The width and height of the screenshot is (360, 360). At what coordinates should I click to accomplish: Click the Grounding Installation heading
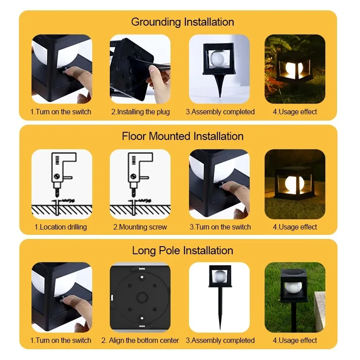click(x=182, y=22)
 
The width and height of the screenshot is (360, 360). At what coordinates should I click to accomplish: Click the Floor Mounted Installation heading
click(x=182, y=136)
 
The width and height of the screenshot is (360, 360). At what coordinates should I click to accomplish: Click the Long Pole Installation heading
click(x=182, y=251)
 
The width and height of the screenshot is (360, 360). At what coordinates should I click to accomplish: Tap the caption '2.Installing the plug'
click(x=140, y=112)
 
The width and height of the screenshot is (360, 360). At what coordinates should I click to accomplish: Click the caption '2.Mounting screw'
click(x=140, y=227)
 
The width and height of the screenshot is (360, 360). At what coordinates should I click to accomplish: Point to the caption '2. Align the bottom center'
click(x=140, y=341)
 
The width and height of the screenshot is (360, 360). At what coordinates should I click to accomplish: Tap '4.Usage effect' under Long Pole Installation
click(x=295, y=341)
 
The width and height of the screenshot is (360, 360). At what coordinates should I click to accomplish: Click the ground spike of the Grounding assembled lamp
click(x=220, y=87)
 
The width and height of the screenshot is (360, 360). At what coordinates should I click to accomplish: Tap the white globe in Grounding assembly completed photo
click(x=218, y=58)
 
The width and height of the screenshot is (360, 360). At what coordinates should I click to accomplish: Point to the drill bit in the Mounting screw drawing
click(x=135, y=193)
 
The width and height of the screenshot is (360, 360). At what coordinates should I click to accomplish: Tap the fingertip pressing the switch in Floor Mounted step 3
click(x=225, y=186)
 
